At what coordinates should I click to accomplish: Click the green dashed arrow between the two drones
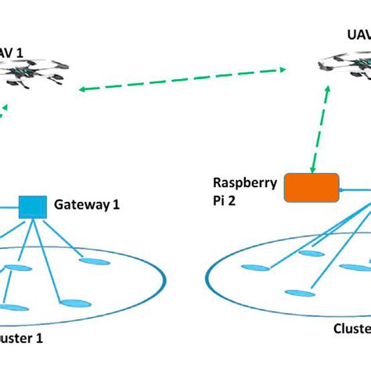tap(180, 80)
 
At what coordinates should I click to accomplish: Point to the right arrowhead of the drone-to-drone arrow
tap(278, 70)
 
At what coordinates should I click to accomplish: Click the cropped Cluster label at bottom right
tap(350, 329)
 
